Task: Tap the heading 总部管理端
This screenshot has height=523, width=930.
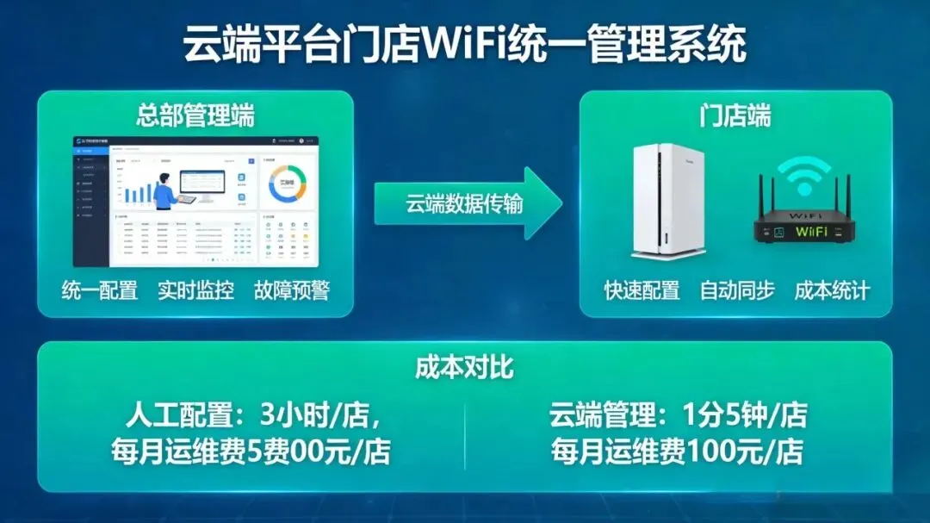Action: point(195,115)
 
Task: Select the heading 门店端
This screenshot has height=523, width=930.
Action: point(735,115)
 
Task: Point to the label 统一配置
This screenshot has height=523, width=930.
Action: point(100,290)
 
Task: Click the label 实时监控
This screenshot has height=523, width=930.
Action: point(195,290)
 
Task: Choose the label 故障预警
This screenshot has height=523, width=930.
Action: point(291,290)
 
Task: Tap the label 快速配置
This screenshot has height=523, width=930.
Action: point(642,290)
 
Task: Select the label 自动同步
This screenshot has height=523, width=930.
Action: point(736,290)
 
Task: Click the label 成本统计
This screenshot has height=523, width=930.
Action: point(831,290)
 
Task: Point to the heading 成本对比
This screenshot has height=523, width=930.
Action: point(464,368)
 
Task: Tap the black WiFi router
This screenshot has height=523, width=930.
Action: point(805,226)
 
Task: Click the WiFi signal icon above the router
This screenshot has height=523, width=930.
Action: point(806,176)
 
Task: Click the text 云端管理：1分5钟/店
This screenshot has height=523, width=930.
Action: point(678,416)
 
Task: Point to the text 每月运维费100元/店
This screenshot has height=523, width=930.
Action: point(678,451)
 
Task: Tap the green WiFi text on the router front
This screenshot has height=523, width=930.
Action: point(811,231)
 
